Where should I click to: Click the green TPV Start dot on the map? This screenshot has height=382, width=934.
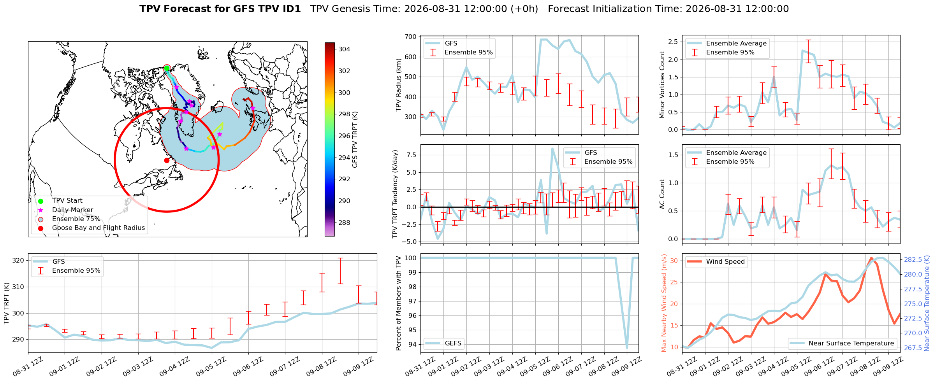click(x=167, y=68)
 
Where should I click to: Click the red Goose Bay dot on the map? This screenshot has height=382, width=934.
click(x=167, y=160)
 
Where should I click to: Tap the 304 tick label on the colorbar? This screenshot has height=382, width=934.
click(x=344, y=49)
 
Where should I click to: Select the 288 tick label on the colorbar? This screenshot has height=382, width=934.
click(x=344, y=223)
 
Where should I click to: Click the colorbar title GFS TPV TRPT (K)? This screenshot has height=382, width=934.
click(x=355, y=140)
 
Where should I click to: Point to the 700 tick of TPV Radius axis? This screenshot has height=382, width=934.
click(x=411, y=37)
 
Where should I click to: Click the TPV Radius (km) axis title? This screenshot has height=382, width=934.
click(x=398, y=85)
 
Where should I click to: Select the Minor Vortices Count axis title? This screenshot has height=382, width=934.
click(x=662, y=85)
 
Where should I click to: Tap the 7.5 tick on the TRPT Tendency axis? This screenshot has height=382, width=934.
click(x=411, y=155)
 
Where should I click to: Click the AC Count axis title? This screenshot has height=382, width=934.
click(x=662, y=194)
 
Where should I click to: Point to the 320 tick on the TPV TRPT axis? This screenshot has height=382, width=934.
click(x=19, y=261)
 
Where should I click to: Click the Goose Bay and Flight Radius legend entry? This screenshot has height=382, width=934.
click(x=99, y=228)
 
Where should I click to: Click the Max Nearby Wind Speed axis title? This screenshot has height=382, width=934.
click(x=664, y=303)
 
